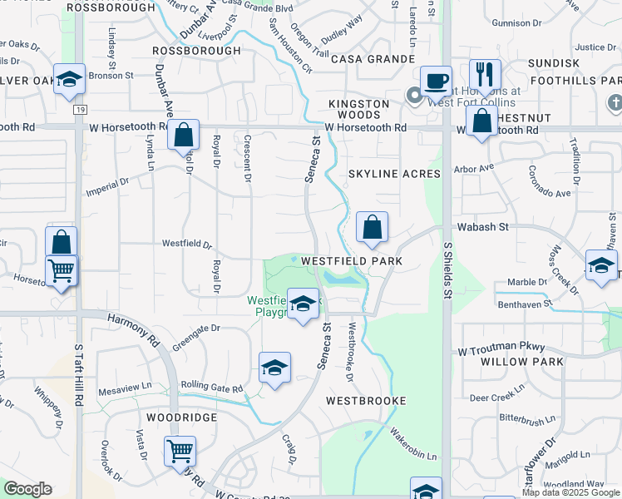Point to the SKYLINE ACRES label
click(382, 173)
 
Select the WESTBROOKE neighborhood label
click(366, 401)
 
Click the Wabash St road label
click(476, 226)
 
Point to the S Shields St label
click(447, 271)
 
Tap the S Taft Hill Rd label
click(79, 374)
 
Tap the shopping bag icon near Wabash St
click(372, 226)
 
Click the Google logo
click(27, 489)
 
